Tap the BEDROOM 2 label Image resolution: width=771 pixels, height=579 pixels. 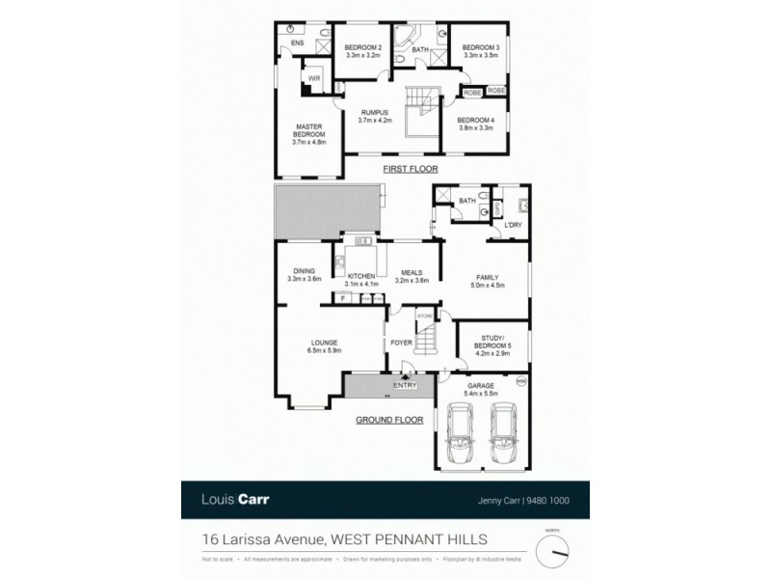coord(364,47)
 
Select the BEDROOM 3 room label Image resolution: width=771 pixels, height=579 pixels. coord(479,47)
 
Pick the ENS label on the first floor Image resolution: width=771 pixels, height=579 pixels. coord(297,42)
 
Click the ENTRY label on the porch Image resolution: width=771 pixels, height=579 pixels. coord(404,388)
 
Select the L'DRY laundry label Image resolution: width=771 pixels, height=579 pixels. coord(512,224)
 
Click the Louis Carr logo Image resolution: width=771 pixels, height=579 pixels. coord(233,501)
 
